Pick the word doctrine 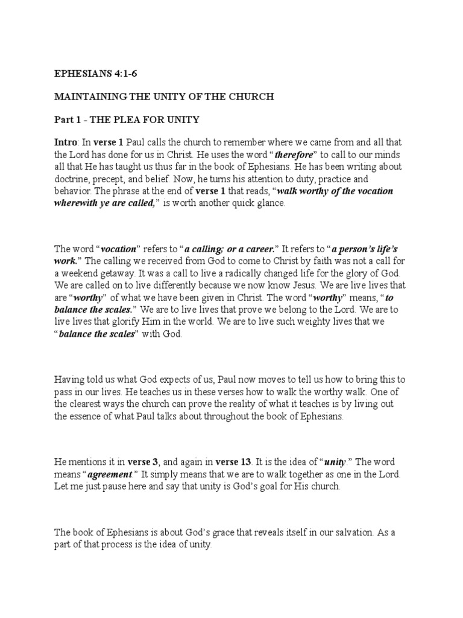click(74, 179)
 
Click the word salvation click(355, 532)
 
